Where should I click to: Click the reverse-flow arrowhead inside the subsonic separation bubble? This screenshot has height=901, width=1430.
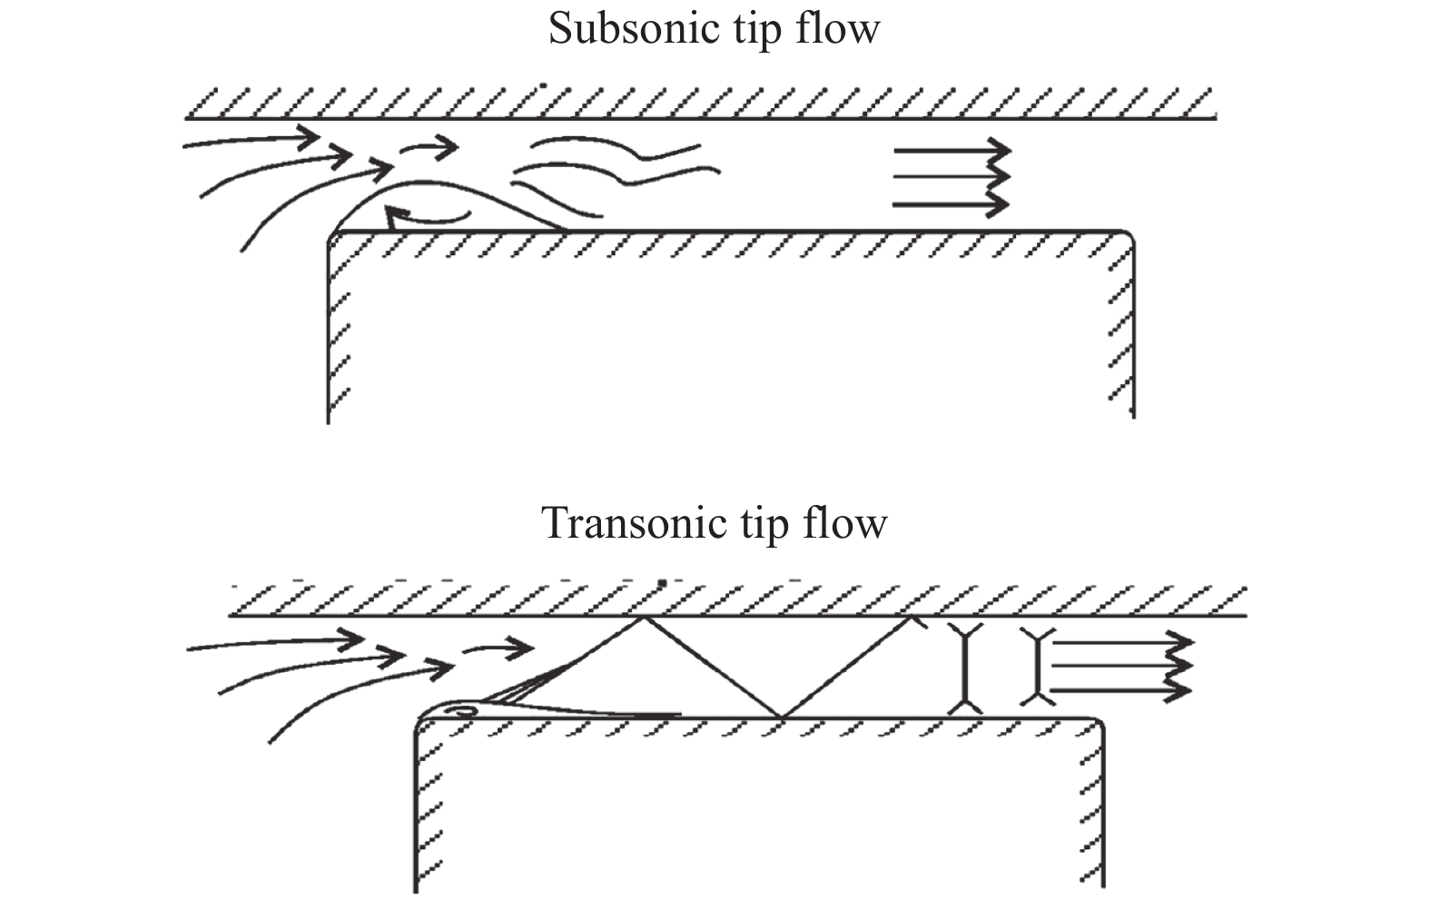[x=392, y=216]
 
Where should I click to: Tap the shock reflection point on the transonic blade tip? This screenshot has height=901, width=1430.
[x=781, y=718]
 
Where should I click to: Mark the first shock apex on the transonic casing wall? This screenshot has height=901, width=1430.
[x=644, y=618]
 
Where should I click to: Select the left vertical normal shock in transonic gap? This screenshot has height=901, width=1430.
[x=964, y=668]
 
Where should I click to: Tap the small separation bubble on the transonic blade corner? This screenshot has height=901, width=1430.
[x=463, y=710]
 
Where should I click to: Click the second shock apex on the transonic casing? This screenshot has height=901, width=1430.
[x=911, y=618]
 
